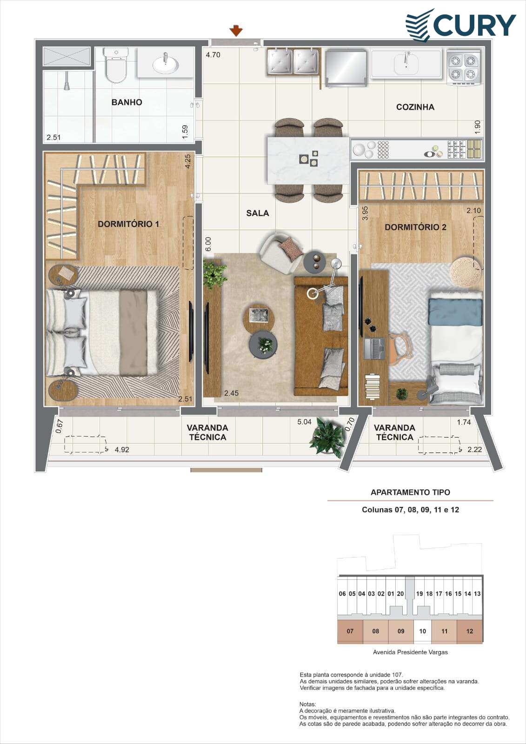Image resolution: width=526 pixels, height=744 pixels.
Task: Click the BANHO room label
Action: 127,102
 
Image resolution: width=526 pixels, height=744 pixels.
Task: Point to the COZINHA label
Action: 415,107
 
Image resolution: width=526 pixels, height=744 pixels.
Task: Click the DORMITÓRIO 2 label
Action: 415,227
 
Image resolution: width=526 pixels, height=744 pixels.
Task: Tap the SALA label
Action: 258,213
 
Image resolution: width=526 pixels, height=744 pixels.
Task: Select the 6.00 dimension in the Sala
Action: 208,244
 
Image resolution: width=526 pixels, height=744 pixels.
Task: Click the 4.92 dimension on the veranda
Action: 121,450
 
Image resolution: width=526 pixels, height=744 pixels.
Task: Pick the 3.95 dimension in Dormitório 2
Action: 365,213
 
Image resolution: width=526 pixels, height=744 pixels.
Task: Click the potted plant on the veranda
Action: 327,438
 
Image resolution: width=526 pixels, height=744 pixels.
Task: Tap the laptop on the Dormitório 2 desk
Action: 374,349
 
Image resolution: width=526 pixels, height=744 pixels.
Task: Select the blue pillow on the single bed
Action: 455,312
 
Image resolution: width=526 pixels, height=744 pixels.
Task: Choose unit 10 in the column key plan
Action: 422,631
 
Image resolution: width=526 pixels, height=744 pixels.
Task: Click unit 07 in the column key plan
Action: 350,631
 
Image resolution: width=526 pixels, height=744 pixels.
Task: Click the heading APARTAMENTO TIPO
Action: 410,492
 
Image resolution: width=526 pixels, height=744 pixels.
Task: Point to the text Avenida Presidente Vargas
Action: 410,652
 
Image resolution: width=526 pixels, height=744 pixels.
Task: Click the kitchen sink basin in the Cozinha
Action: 406,64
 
